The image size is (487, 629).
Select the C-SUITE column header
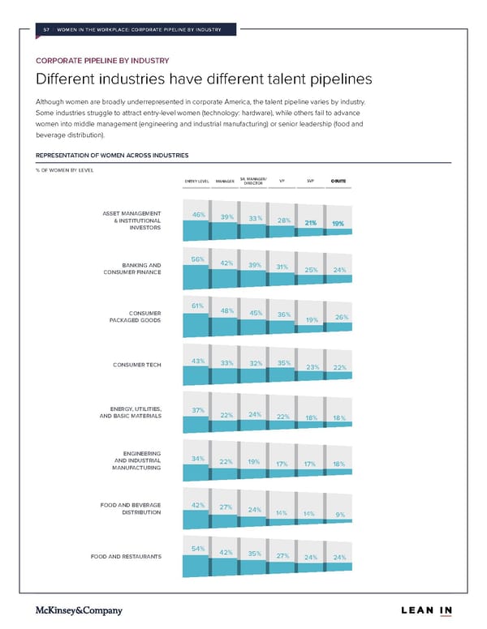[x=338, y=181]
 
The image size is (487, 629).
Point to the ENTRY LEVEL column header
[x=197, y=181]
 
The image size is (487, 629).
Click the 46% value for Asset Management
[x=197, y=215]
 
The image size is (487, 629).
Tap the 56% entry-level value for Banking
[x=197, y=259]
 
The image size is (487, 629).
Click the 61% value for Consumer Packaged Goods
[x=197, y=306]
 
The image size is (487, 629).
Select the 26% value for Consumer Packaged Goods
[x=341, y=317]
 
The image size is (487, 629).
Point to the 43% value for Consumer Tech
[x=197, y=361]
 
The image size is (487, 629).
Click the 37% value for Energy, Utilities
[x=197, y=410]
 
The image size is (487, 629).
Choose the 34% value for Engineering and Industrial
[x=197, y=459]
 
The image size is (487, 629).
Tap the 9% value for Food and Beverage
[x=340, y=514]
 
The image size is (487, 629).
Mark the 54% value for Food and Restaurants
[x=197, y=549]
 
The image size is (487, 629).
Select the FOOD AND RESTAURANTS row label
[x=127, y=556]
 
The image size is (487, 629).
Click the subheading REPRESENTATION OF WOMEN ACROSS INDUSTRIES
[x=113, y=155]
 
